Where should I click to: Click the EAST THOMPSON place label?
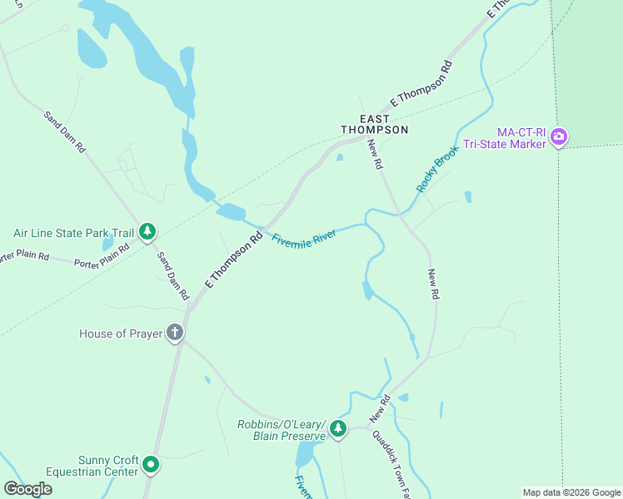(375, 125)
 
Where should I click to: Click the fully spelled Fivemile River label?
(304, 238)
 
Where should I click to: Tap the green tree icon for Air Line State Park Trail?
(147, 232)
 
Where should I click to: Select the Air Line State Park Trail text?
(73, 234)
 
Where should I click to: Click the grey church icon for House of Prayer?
(175, 333)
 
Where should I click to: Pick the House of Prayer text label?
(120, 333)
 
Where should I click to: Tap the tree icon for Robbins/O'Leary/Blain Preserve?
(337, 429)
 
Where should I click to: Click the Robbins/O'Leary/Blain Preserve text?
(281, 430)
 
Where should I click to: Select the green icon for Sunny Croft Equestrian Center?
(151, 464)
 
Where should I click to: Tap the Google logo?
(27, 488)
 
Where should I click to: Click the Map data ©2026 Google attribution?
(571, 492)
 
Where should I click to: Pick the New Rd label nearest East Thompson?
(375, 155)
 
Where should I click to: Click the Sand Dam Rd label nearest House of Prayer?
(173, 275)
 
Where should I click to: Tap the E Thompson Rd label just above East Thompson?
(421, 83)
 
